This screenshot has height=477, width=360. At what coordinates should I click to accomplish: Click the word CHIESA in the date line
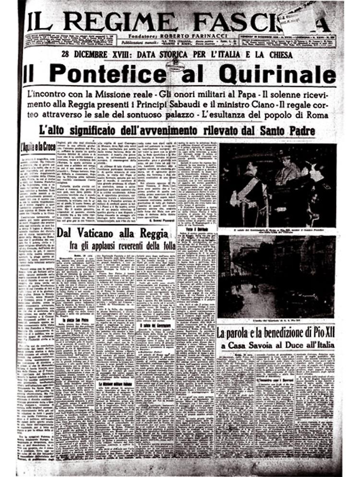coord(275,55)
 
